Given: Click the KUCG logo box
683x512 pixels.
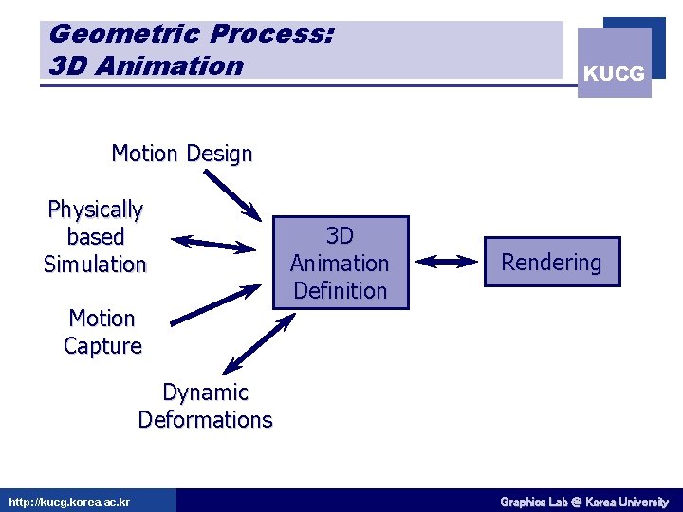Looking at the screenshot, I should [x=615, y=63].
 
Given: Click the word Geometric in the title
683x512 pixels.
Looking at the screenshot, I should [x=122, y=34].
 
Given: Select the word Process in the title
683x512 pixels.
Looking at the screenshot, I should [x=271, y=34].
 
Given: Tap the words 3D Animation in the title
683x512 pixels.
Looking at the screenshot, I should [x=145, y=65].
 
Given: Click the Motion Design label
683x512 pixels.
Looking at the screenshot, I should [x=182, y=154].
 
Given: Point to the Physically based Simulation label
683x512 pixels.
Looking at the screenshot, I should [x=95, y=236].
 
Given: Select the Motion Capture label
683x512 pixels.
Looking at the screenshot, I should [x=102, y=332].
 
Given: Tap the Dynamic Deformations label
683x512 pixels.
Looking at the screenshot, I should [x=205, y=406].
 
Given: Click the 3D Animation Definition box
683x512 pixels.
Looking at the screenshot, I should [x=340, y=263].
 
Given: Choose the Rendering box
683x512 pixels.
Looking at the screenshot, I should [x=551, y=263].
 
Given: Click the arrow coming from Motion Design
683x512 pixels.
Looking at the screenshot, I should [x=232, y=193].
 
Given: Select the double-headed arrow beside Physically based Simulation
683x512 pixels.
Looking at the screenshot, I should [x=214, y=244].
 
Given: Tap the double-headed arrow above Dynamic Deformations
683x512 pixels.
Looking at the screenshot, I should [x=258, y=343].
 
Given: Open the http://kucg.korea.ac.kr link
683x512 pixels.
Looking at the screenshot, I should [x=69, y=502].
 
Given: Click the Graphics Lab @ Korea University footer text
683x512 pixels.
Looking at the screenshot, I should [x=583, y=502].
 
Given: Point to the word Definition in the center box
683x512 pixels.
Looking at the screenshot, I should [x=340, y=290].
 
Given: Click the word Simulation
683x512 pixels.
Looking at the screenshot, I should [x=95, y=264].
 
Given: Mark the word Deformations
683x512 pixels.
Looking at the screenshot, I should [x=205, y=419].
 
